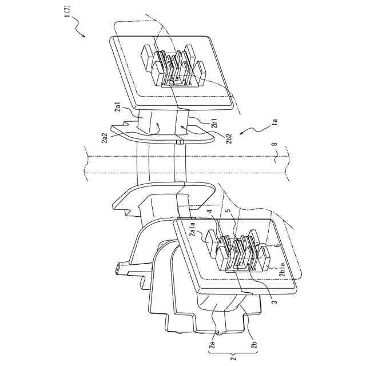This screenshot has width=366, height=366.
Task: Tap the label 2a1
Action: pos(130,109)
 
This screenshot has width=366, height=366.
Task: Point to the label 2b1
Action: pos(214,124)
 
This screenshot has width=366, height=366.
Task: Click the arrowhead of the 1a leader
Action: pos(242,133)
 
